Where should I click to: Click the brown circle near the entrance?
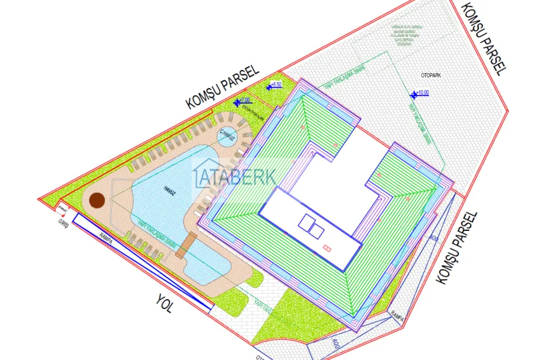pyautogui.click(x=97, y=201)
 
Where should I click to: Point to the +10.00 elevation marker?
pyautogui.click(x=420, y=93)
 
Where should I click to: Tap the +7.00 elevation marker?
pyautogui.click(x=243, y=101)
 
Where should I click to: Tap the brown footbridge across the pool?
pyautogui.click(x=186, y=245)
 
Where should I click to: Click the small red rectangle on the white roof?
pyautogui.click(x=327, y=247)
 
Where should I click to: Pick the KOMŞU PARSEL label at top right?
pyautogui.click(x=484, y=38)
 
